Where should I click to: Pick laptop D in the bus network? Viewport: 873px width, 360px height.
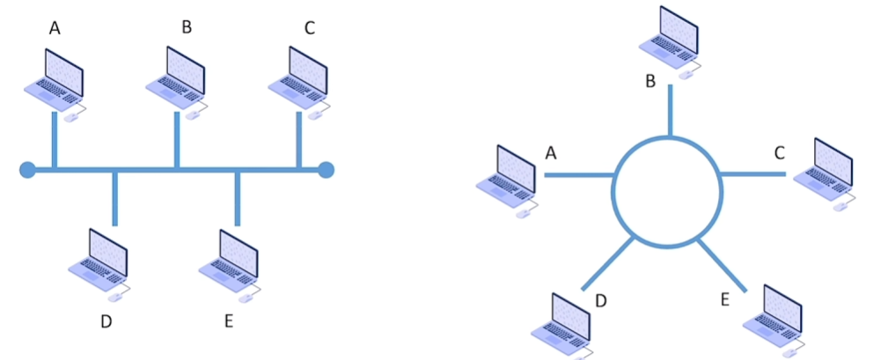tap(105, 262)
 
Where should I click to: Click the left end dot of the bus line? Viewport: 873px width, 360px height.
tap(27, 169)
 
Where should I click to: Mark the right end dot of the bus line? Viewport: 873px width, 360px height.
tap(326, 169)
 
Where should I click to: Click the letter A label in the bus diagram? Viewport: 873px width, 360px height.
tap(55, 29)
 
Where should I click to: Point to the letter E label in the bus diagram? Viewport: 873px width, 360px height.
tap(228, 321)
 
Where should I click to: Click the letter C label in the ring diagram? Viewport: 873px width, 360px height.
tap(779, 153)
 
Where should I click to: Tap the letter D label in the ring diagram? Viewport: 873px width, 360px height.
tap(601, 301)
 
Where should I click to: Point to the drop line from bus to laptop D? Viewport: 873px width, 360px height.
tap(114, 197)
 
